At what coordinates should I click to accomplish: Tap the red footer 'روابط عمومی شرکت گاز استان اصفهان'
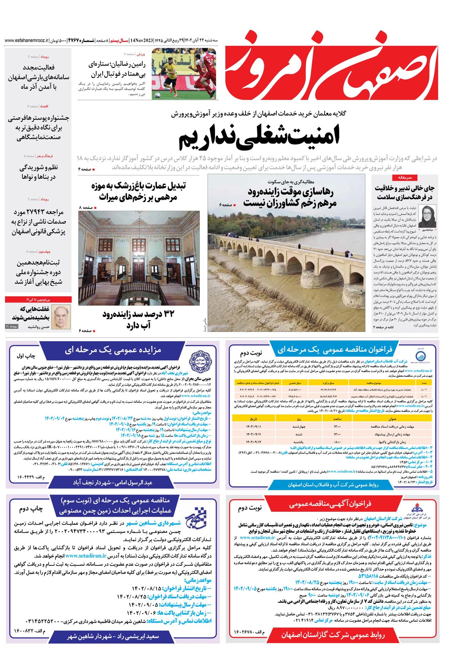point(333,635)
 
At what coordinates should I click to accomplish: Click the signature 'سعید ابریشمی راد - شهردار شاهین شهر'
point(113,636)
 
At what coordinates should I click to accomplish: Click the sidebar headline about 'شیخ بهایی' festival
point(38,272)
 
